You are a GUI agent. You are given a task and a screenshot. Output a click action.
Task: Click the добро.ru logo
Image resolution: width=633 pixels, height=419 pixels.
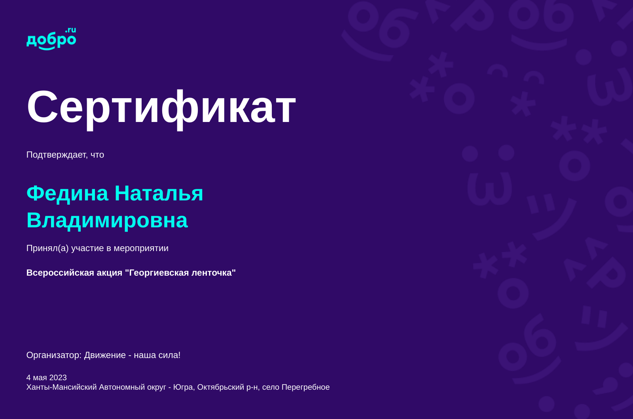pos(51,39)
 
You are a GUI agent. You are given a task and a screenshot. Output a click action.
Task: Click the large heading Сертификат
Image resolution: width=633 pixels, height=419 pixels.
pos(161,107)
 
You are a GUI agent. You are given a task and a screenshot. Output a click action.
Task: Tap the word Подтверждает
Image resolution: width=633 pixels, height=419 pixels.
pos(57,155)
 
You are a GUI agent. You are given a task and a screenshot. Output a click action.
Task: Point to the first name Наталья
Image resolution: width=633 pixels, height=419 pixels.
pos(159,193)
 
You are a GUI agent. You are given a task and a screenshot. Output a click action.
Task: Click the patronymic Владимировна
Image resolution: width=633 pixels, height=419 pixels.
pos(107,220)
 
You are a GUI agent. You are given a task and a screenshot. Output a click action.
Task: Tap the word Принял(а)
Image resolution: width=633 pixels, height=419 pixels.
pos(47,248)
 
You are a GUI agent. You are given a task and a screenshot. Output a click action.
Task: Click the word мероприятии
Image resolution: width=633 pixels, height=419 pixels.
pos(141,248)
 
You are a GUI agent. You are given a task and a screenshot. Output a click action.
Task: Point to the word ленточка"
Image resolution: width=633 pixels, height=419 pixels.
pos(214,273)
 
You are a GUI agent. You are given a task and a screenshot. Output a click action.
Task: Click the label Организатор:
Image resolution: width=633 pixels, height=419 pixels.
pos(54,355)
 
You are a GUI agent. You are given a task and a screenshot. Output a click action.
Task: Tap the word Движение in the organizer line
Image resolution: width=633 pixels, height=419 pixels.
pos(105,355)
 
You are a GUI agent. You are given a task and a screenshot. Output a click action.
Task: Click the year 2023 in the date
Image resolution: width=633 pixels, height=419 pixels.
pos(58,378)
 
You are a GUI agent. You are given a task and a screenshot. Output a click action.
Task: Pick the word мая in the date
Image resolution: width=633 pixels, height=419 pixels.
pos(40,378)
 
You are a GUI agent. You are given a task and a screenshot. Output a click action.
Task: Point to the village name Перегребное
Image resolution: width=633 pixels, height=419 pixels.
pos(305,387)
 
